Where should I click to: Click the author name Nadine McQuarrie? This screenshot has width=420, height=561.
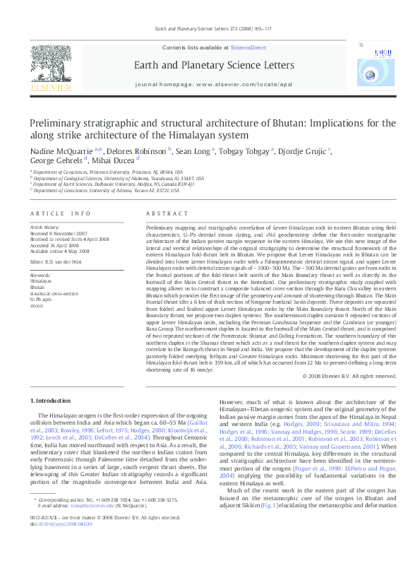[64, 151]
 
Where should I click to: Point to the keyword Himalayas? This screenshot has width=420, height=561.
[42, 281]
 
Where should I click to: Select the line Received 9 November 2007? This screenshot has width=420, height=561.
[58, 234]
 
